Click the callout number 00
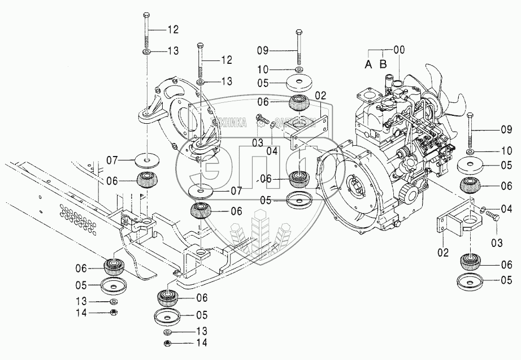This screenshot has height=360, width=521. pyautogui.click(x=400, y=50)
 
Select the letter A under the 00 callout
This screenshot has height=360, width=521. pyautogui.click(x=368, y=64)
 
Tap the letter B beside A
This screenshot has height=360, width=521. pyautogui.click(x=383, y=64)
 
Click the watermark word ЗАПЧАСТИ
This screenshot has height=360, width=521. pyautogui.click(x=296, y=120)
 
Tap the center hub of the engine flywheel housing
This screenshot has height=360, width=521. pyautogui.click(x=354, y=186)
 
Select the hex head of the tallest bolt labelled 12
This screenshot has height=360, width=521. pyautogui.click(x=146, y=14)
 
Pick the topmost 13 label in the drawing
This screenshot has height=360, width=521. pyautogui.click(x=173, y=51)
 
